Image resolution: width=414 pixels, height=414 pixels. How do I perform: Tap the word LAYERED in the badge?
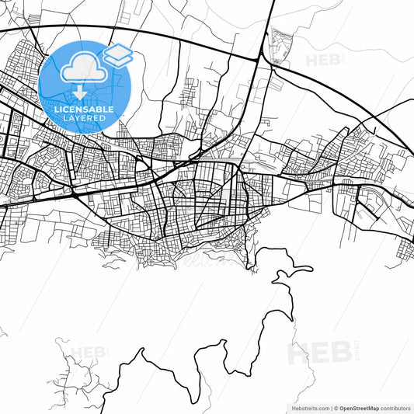click(x=85, y=118)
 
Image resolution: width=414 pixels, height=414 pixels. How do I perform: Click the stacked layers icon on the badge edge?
click(x=118, y=54)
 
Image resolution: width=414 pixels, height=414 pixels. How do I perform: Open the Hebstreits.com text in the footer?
click(x=308, y=407)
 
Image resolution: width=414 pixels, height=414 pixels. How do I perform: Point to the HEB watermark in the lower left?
click(x=88, y=353)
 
